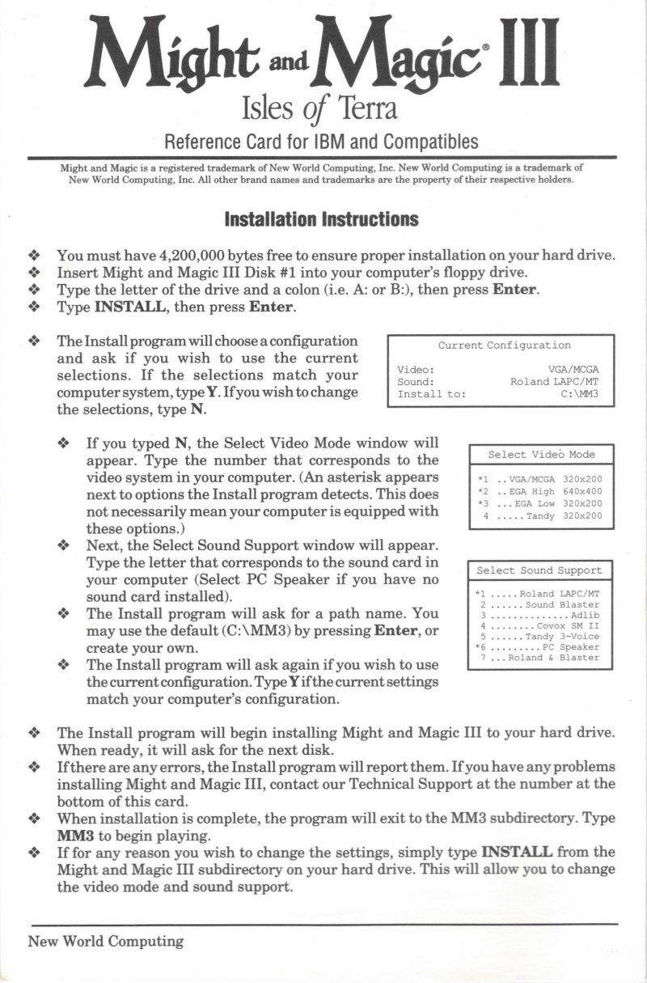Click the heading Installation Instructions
[x=321, y=219]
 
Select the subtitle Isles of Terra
[x=319, y=106]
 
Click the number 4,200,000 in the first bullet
[x=177, y=255]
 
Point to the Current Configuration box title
[x=504, y=345]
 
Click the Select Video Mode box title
[x=541, y=455]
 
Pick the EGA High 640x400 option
[x=540, y=491]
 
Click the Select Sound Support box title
[x=539, y=570]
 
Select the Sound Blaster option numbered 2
[x=539, y=605]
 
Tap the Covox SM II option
[x=539, y=626]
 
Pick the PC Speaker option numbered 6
[x=539, y=647]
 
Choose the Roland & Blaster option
[x=539, y=658]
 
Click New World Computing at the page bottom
[x=106, y=941]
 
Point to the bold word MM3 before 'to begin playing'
[x=75, y=834]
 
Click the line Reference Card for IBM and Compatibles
[x=321, y=142]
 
